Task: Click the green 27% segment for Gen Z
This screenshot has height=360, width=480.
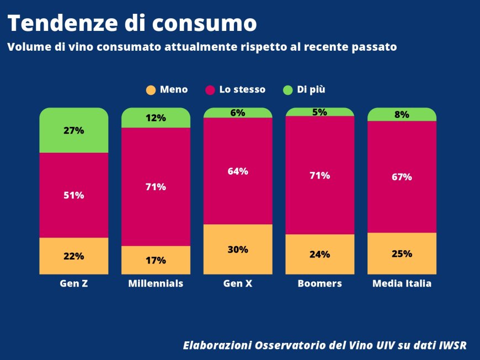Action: pos(73,131)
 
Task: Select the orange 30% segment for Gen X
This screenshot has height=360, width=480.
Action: pos(238,249)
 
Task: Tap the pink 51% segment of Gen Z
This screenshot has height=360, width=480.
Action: pos(73,195)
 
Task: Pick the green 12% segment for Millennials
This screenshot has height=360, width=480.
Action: pos(156,118)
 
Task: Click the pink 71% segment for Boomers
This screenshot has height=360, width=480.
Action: pos(319,175)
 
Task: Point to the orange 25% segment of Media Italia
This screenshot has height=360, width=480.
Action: pos(402,254)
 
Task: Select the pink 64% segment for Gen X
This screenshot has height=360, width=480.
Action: pos(238,171)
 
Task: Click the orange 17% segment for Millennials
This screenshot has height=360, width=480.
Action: pos(156,260)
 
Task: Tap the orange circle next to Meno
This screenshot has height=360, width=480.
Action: pos(151,90)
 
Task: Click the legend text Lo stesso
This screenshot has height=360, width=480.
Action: pos(242,89)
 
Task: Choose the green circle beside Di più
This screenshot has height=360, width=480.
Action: pos(287,90)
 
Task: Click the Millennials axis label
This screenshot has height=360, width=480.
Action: pos(156,284)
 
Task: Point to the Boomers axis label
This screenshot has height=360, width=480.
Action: pos(319,284)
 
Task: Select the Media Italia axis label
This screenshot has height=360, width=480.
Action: pos(402,284)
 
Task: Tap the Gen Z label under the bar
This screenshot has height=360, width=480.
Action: pos(73,284)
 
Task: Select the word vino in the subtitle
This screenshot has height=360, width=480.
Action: pos(80,47)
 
